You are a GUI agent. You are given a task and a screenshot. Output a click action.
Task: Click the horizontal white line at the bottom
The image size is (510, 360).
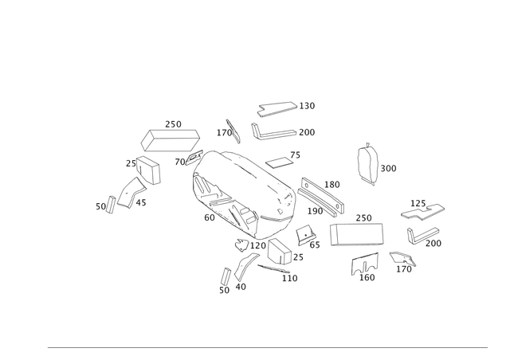(267, 349)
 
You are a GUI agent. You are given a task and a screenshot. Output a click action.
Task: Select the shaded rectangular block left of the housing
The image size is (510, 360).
(169, 140)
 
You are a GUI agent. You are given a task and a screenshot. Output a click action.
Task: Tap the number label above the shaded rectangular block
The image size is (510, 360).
(173, 123)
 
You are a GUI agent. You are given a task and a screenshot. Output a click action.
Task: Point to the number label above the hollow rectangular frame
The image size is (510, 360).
(363, 217)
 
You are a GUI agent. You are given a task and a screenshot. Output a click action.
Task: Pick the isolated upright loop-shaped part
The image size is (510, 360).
(367, 165)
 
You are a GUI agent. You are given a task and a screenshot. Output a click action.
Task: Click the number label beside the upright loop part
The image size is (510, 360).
(390, 168)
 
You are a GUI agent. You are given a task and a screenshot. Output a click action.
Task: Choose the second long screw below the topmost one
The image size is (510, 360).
(279, 132)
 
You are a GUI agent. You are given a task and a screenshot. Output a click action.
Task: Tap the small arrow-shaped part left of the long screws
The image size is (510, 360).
(230, 127)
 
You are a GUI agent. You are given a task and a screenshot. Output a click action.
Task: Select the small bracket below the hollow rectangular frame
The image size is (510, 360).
(364, 265)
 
